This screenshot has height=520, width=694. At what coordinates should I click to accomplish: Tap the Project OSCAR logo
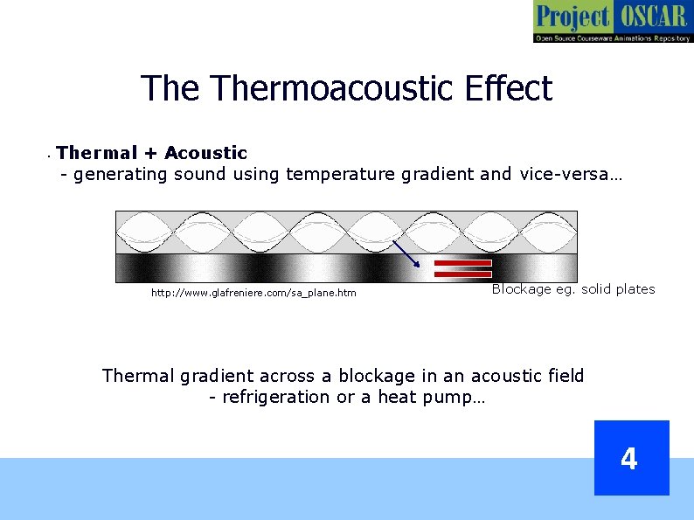click(612, 22)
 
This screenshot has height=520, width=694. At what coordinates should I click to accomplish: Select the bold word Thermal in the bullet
click(97, 153)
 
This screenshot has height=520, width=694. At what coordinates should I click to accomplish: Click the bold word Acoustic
click(205, 153)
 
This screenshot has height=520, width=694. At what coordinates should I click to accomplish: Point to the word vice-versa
click(570, 174)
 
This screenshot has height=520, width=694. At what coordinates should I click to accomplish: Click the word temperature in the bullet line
click(340, 174)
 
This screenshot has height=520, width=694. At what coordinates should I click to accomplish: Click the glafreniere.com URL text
click(253, 293)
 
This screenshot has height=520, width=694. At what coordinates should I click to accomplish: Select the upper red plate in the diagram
click(462, 262)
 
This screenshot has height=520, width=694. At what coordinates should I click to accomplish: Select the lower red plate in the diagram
click(462, 274)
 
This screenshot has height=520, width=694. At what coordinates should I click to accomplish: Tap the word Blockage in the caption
click(521, 289)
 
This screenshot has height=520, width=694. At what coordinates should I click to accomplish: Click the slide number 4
click(630, 458)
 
